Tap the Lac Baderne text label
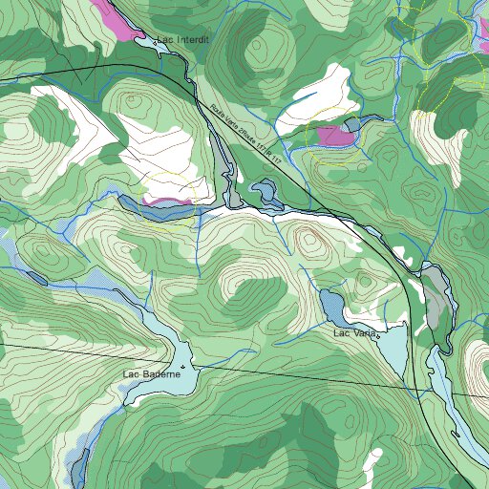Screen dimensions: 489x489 click(x=152, y=374)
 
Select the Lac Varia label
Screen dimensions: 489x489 click(x=356, y=333)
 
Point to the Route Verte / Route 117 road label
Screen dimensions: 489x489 click(x=245, y=135)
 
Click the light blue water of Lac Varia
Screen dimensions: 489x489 click(x=392, y=349)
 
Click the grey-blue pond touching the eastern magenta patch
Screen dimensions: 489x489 click(x=354, y=125)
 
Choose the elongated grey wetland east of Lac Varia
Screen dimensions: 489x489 click(x=437, y=302)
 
